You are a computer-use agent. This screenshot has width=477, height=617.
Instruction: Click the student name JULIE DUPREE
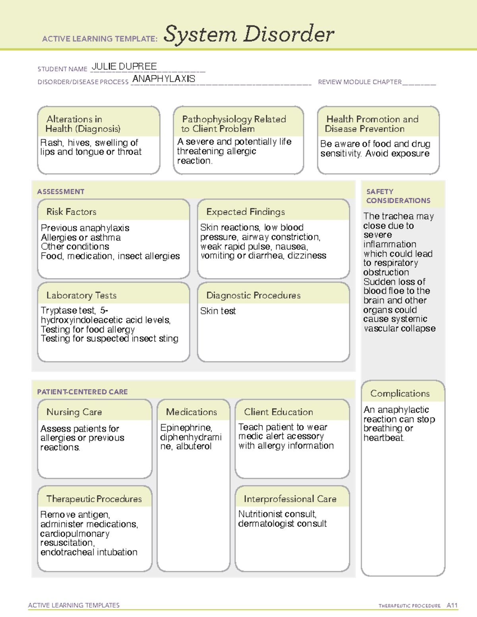coord(124,67)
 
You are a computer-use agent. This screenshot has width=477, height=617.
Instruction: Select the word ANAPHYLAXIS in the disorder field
coord(164,79)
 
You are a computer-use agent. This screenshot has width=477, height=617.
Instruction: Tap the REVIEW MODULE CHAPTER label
coord(360,82)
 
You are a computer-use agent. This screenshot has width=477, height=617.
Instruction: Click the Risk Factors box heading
coord(72,212)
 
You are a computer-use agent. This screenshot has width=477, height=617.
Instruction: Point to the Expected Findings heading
coord(246,212)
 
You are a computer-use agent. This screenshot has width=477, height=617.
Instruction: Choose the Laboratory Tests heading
coord(81,295)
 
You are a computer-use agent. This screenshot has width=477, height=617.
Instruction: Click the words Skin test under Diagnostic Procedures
coord(218,311)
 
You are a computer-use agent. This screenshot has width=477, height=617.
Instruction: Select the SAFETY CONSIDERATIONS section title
coord(398,196)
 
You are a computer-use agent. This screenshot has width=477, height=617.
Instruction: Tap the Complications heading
coord(400,393)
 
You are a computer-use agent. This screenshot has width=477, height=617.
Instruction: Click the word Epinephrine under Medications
coord(186,427)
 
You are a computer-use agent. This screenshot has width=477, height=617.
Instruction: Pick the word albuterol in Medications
coord(194,446)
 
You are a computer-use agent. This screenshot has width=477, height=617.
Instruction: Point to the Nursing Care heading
coord(74,412)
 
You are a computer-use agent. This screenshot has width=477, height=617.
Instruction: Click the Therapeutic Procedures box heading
coord(94,499)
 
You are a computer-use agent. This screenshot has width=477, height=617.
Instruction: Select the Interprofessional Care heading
coord(290,499)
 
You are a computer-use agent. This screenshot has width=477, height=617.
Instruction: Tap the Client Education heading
coord(279,412)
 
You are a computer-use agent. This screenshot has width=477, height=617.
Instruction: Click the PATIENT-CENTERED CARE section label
coord(82,392)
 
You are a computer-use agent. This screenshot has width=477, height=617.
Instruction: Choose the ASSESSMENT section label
coord(61,191)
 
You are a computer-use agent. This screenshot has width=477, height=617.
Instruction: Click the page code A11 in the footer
coord(452,605)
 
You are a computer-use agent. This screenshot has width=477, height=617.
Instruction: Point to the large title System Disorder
coord(249,34)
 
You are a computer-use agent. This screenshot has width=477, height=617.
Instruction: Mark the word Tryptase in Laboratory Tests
coord(56,310)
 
